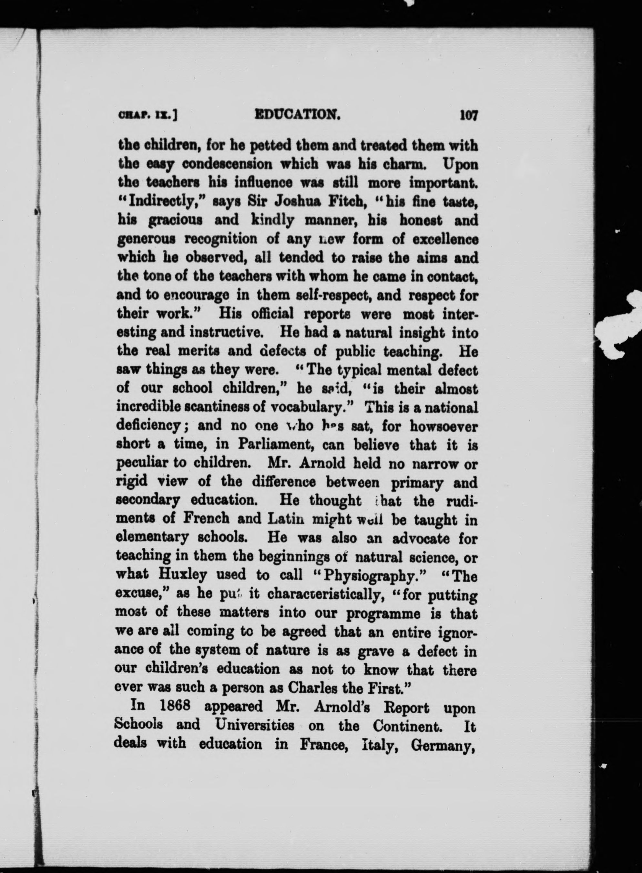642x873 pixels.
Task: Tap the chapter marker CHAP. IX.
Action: coord(148,116)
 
